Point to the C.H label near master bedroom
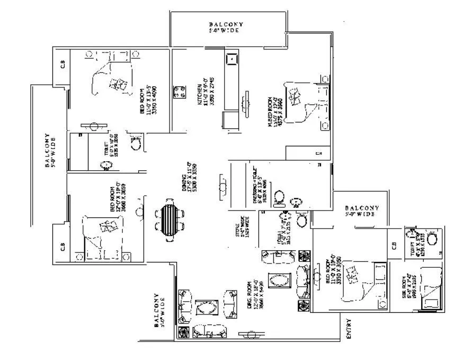pyautogui.click(x=319, y=154)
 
